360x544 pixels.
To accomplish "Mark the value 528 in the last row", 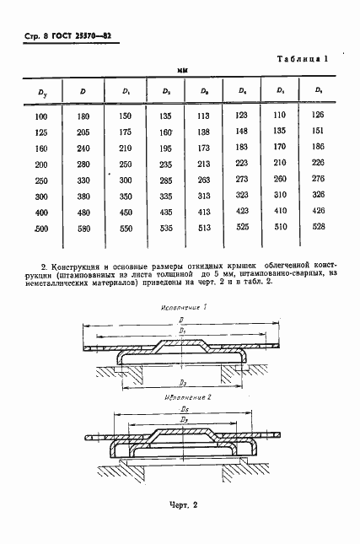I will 318,227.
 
